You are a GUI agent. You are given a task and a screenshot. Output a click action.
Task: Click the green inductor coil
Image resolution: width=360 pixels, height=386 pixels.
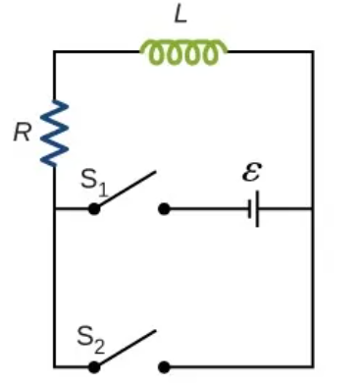[184, 52]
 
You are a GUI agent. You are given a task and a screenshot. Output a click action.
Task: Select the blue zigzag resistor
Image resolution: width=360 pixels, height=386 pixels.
[55, 133]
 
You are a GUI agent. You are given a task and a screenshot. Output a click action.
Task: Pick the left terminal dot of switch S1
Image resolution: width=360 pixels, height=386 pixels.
[94, 208]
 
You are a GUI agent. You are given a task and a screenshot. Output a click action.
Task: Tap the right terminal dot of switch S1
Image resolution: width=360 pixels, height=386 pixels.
[164, 208]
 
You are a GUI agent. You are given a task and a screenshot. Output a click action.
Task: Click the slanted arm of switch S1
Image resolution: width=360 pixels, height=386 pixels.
[126, 191]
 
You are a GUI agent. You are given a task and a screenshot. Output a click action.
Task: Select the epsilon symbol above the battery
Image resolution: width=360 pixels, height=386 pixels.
[251, 173]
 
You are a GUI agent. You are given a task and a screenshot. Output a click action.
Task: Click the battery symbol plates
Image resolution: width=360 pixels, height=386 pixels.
[254, 208]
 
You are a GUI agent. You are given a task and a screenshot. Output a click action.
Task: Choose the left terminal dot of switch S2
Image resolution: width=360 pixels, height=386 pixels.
[94, 366]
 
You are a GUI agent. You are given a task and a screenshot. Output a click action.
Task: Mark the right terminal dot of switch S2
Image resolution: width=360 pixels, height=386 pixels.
[164, 366]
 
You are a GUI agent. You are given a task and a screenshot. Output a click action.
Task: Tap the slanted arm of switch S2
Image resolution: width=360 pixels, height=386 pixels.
[126, 349]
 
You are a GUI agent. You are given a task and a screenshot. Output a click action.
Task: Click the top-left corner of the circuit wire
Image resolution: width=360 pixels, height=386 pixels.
[55, 52]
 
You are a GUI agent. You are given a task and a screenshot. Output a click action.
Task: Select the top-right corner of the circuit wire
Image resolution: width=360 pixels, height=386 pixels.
[313, 52]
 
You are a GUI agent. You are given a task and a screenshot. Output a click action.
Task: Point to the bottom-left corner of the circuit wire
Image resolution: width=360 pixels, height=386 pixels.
[55, 366]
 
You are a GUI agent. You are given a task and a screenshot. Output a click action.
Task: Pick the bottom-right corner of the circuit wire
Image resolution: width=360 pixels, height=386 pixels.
[313, 366]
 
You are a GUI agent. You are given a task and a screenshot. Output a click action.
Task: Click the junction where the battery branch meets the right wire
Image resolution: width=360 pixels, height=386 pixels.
[313, 208]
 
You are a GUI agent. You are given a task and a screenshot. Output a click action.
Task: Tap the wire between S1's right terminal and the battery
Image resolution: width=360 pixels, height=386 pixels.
[206, 208]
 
